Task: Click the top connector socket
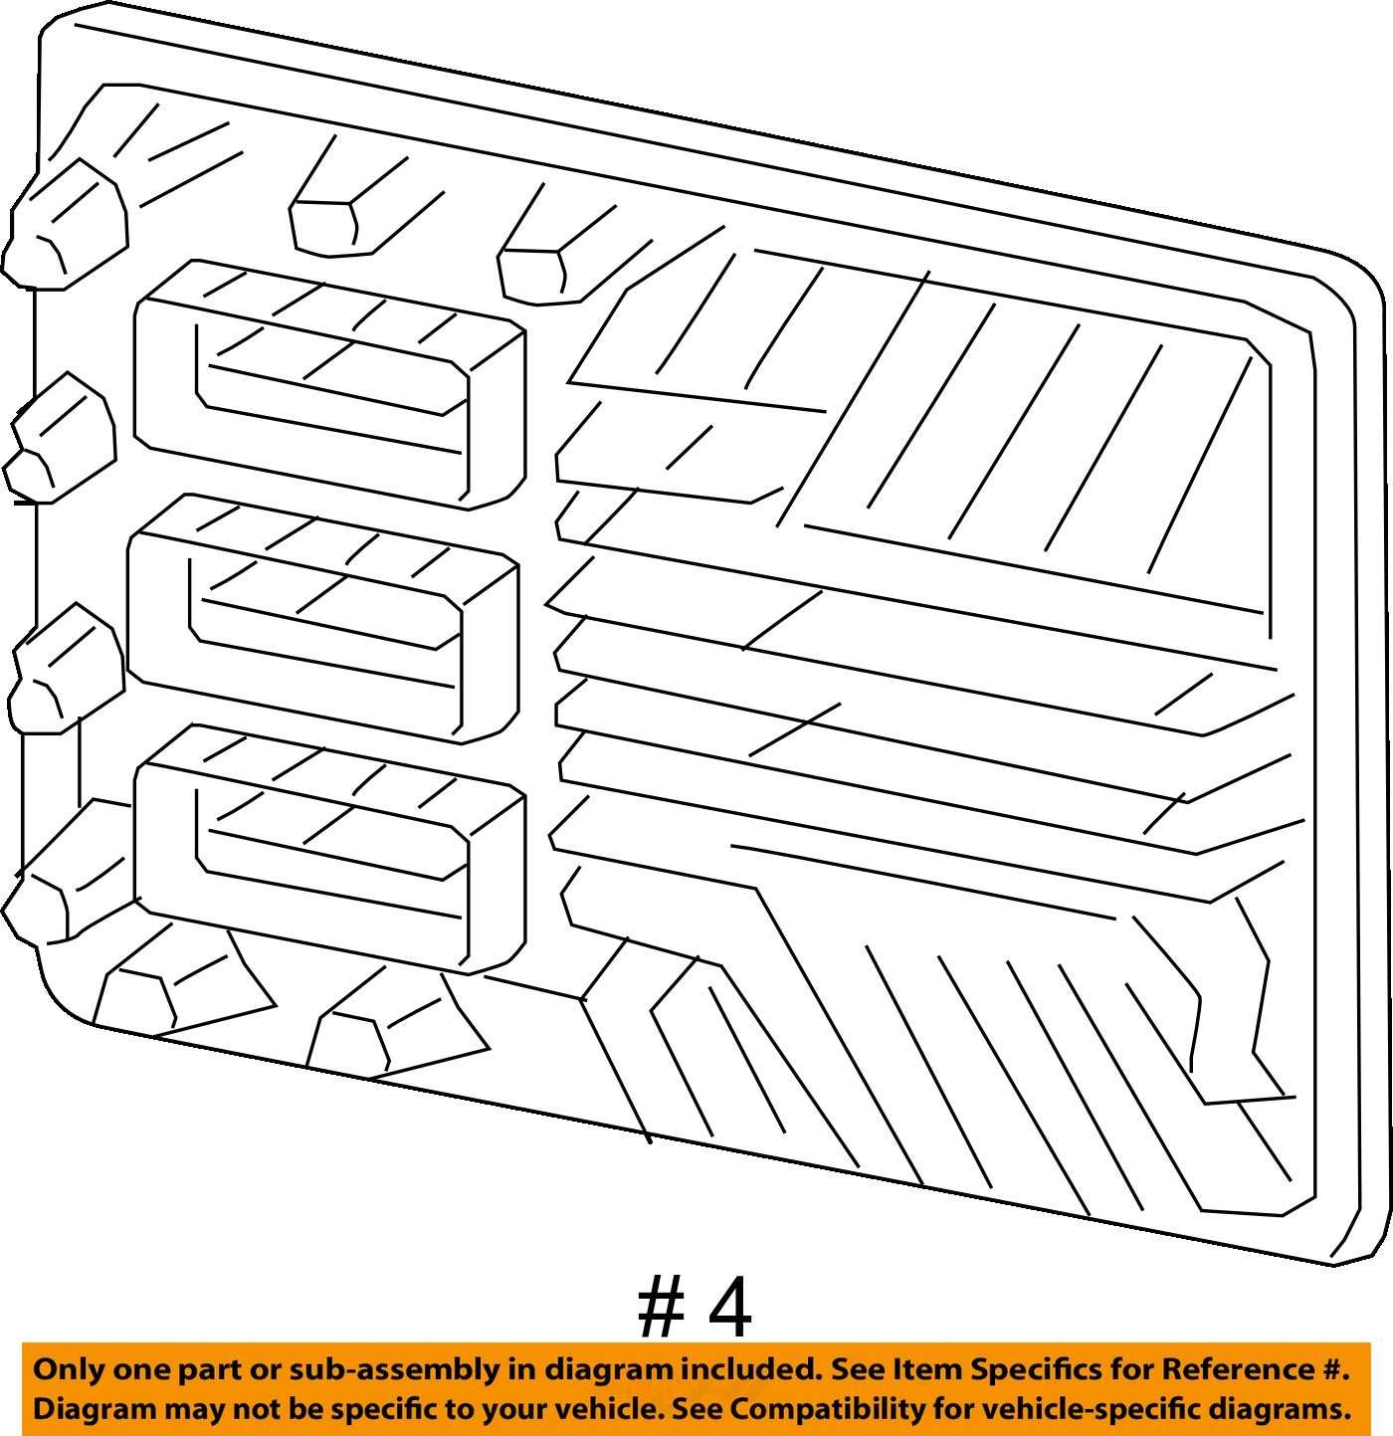329,384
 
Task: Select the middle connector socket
323,618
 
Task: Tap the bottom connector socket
329,849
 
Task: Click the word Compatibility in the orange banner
827,1409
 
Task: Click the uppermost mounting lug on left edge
65,224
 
